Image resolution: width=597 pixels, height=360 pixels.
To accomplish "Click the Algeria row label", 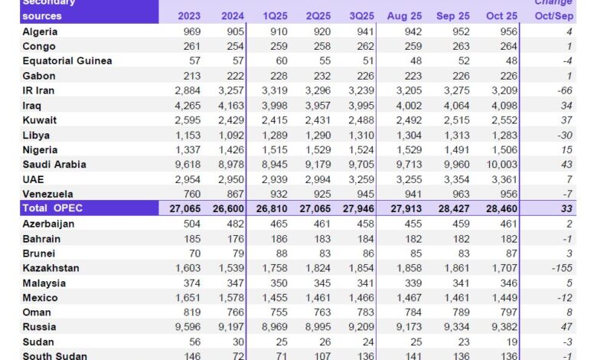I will [x=40, y=32].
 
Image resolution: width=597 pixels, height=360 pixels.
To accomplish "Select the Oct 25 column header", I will [x=502, y=16].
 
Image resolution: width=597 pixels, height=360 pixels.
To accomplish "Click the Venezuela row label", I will [x=47, y=194].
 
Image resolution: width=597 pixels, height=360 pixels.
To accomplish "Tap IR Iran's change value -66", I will [x=566, y=90].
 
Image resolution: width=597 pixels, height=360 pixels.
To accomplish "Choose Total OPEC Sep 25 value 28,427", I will [x=452, y=208].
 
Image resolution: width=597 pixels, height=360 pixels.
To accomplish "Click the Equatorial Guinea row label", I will [x=67, y=61].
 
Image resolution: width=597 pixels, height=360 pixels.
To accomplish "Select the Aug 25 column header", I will [x=404, y=16].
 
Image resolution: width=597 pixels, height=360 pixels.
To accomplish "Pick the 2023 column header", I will [x=190, y=16].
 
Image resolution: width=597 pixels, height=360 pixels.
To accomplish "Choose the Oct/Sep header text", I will [x=553, y=16].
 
